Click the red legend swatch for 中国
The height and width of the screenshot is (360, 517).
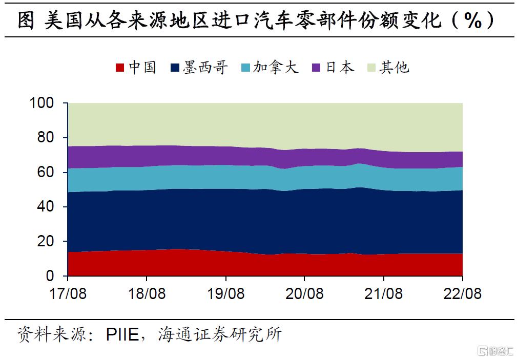pos(120,67)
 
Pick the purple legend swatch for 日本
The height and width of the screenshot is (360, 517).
pos(316,67)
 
